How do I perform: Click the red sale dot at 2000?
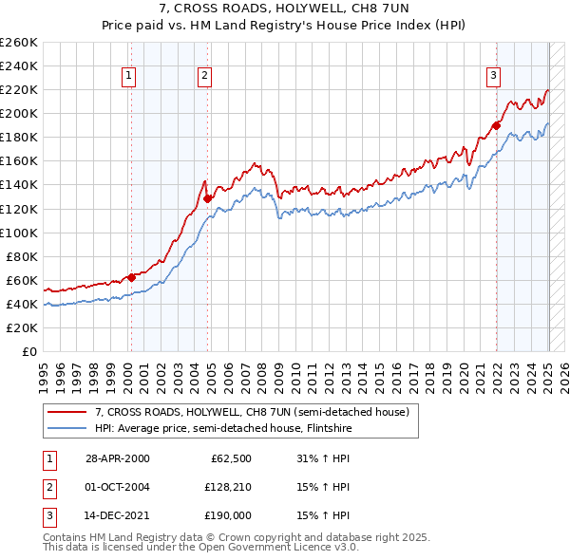click(131, 277)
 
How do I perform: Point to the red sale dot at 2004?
click(208, 198)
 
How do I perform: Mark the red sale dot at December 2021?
click(496, 124)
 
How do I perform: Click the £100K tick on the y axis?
click(19, 233)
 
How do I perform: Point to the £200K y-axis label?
click(19, 113)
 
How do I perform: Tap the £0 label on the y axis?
click(28, 351)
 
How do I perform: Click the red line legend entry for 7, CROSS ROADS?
click(251, 413)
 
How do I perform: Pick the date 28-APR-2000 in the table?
click(118, 458)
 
